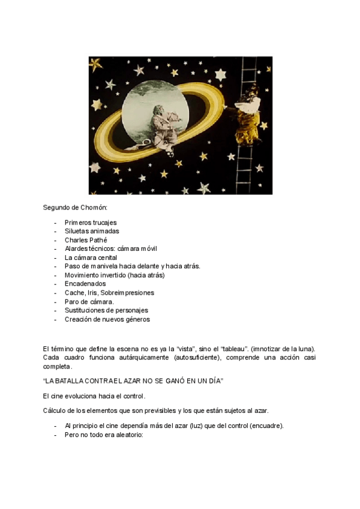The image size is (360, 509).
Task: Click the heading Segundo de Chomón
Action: click(75, 208)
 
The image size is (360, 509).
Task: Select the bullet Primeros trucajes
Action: click(91, 222)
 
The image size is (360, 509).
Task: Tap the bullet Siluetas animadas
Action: click(92, 231)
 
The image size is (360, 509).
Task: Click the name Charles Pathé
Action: click(86, 239)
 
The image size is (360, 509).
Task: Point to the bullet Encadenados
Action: click(85, 283)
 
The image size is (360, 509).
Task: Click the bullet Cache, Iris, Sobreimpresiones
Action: click(109, 292)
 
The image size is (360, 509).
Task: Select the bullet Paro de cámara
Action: click(89, 301)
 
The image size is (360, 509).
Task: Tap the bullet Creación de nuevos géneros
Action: click(107, 319)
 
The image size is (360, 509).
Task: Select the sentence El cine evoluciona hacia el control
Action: click(94, 396)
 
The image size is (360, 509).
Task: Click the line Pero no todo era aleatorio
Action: click(104, 435)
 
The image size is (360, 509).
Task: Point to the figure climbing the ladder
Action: click(248, 108)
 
